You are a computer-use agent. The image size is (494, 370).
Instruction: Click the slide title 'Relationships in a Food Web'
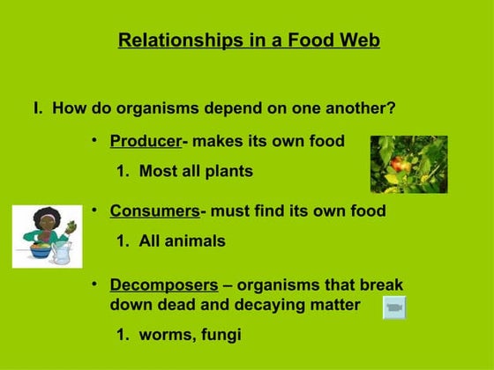point(249,41)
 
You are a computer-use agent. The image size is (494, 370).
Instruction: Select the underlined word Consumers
point(154,211)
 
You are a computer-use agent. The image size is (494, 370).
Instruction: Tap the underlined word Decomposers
point(163,285)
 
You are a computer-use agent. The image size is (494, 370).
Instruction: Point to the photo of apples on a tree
point(408,164)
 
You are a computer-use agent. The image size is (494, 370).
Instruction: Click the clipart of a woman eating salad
point(47,236)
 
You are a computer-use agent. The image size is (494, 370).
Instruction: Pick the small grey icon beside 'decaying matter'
point(394,307)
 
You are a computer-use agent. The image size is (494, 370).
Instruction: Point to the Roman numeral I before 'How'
point(37,109)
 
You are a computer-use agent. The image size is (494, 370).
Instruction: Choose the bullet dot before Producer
point(94,140)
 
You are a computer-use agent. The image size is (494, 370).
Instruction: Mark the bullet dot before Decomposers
point(94,285)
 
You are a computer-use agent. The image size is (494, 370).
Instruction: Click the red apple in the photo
point(398,164)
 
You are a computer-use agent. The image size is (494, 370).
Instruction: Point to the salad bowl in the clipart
point(41,250)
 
